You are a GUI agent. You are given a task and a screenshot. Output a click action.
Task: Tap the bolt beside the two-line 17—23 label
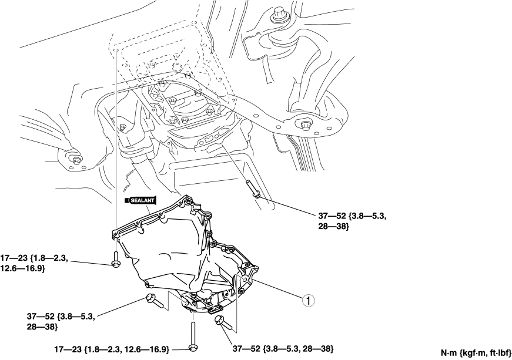point(115,260)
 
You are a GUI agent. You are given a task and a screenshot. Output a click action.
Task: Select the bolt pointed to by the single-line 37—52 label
point(222,324)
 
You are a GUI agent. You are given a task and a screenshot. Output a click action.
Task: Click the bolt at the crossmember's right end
point(304,125)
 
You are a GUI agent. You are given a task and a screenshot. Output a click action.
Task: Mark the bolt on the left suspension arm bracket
point(75,159)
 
